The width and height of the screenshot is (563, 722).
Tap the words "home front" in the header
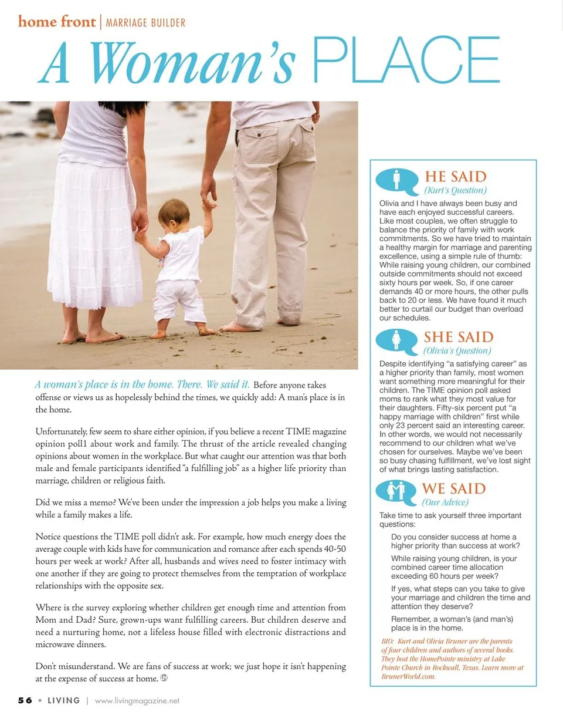pyautogui.click(x=56, y=22)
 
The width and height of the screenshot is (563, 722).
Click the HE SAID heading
pyautogui.click(x=456, y=177)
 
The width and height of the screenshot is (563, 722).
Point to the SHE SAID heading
pyautogui.click(x=459, y=337)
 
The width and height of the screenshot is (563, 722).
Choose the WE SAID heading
pyautogui.click(x=454, y=488)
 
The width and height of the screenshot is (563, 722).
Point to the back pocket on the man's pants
pyautogui.click(x=259, y=144)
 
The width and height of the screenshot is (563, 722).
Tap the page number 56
pyautogui.click(x=24, y=700)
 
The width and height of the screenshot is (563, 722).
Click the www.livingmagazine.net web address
pyautogui.click(x=137, y=701)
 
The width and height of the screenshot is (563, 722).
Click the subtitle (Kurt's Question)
pyautogui.click(x=456, y=190)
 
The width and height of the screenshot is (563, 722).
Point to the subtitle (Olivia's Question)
pyautogui.click(x=457, y=350)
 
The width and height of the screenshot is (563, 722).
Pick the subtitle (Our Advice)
pyautogui.click(x=445, y=502)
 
